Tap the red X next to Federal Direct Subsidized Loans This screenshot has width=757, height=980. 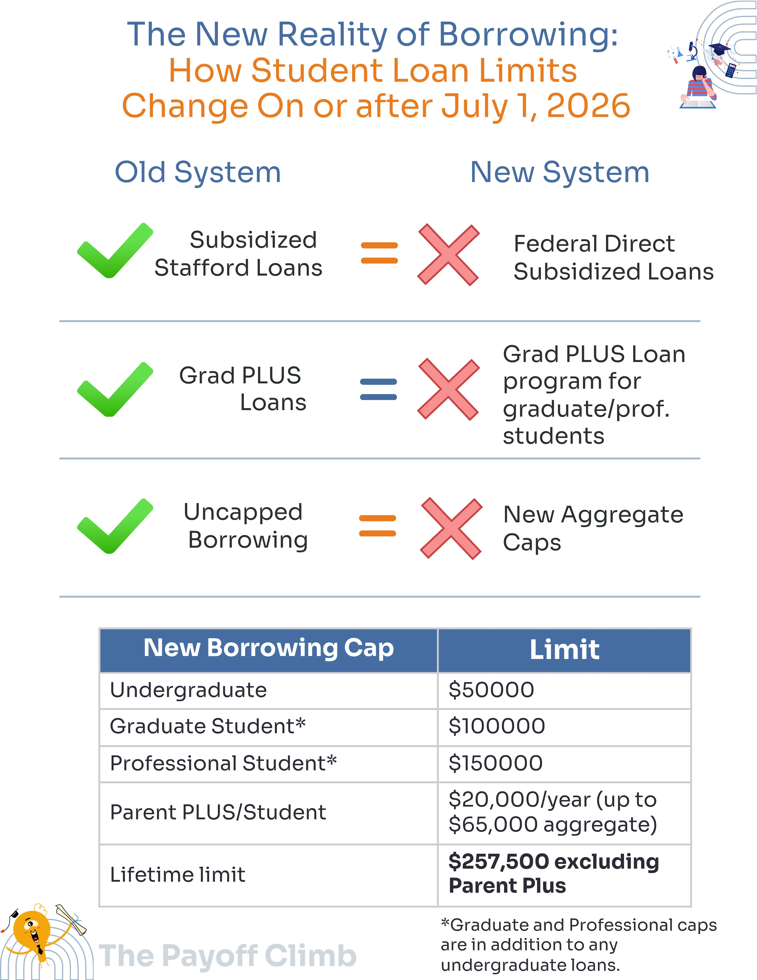click(448, 255)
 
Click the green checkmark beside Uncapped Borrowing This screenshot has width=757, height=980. click(114, 526)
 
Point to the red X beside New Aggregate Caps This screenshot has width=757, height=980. click(451, 528)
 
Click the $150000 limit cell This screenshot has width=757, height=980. click(495, 763)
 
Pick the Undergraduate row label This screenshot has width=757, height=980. click(188, 690)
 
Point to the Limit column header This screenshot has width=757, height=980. click(564, 649)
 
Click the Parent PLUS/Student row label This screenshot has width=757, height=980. click(218, 812)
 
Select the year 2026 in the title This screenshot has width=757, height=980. click(588, 106)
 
